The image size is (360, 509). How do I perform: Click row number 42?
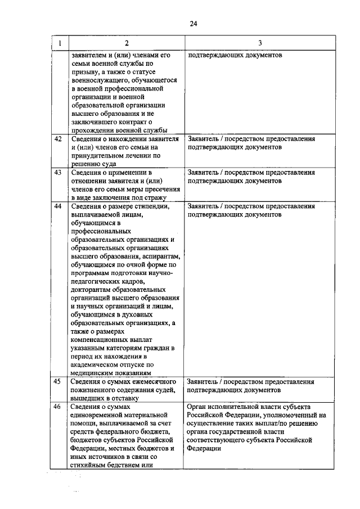57,138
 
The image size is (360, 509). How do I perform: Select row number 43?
57,172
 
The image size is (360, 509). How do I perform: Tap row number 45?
57,382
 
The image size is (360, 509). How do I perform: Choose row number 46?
57,407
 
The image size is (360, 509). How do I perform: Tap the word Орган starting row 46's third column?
199,407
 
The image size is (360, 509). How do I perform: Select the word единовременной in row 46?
97,415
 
